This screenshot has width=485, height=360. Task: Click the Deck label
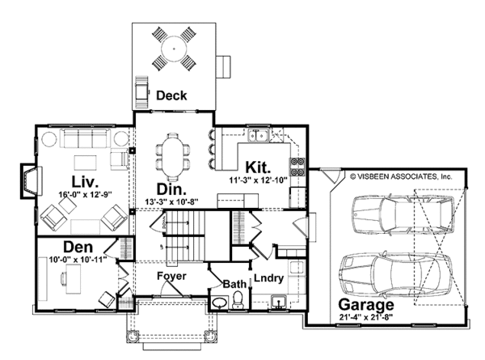[171, 95]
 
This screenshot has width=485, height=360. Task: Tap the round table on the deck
[174, 49]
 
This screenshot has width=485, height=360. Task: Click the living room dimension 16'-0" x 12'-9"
[85, 195]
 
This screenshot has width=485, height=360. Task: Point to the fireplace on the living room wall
[31, 181]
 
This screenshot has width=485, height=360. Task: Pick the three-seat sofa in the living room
[85, 138]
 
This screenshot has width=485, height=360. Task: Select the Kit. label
[258, 167]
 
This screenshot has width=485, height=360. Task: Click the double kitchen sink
[258, 136]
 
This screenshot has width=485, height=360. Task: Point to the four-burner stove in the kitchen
[297, 167]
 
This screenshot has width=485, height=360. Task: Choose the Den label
[78, 248]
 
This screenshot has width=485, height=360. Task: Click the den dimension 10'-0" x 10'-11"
[78, 260]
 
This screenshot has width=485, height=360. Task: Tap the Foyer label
[171, 276]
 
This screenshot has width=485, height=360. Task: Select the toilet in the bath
[238, 299]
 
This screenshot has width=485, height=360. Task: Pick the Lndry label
[268, 278]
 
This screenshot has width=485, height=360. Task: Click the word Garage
[366, 305]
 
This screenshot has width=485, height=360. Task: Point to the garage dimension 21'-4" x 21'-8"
[366, 317]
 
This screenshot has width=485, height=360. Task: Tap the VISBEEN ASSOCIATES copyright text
[401, 176]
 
